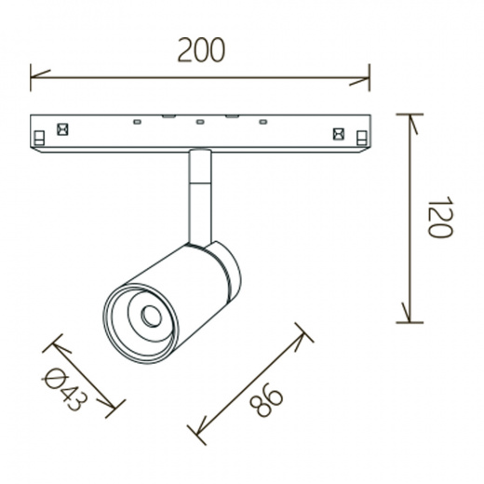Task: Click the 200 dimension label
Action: click(201, 50)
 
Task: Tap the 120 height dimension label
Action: click(440, 217)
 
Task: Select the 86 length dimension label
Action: click(266, 400)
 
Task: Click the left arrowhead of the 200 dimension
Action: click(40, 75)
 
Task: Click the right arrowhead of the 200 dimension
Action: click(360, 81)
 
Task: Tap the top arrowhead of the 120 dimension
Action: click(412, 124)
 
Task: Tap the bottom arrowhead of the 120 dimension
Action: click(407, 312)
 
